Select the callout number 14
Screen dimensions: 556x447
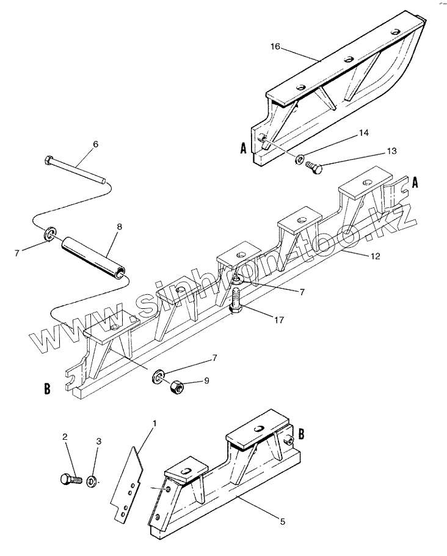(x=363, y=133)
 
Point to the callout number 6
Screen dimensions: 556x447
(x=95, y=144)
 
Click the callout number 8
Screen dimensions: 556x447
(x=119, y=226)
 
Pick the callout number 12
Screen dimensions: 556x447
(x=374, y=256)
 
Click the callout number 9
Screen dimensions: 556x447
(x=206, y=380)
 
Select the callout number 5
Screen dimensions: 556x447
(x=283, y=521)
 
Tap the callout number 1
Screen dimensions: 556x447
(x=154, y=423)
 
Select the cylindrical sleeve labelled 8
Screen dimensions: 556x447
(x=93, y=257)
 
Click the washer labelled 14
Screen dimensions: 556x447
(x=300, y=160)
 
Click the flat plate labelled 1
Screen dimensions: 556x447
(x=130, y=483)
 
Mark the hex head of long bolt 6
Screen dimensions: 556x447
(x=49, y=161)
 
